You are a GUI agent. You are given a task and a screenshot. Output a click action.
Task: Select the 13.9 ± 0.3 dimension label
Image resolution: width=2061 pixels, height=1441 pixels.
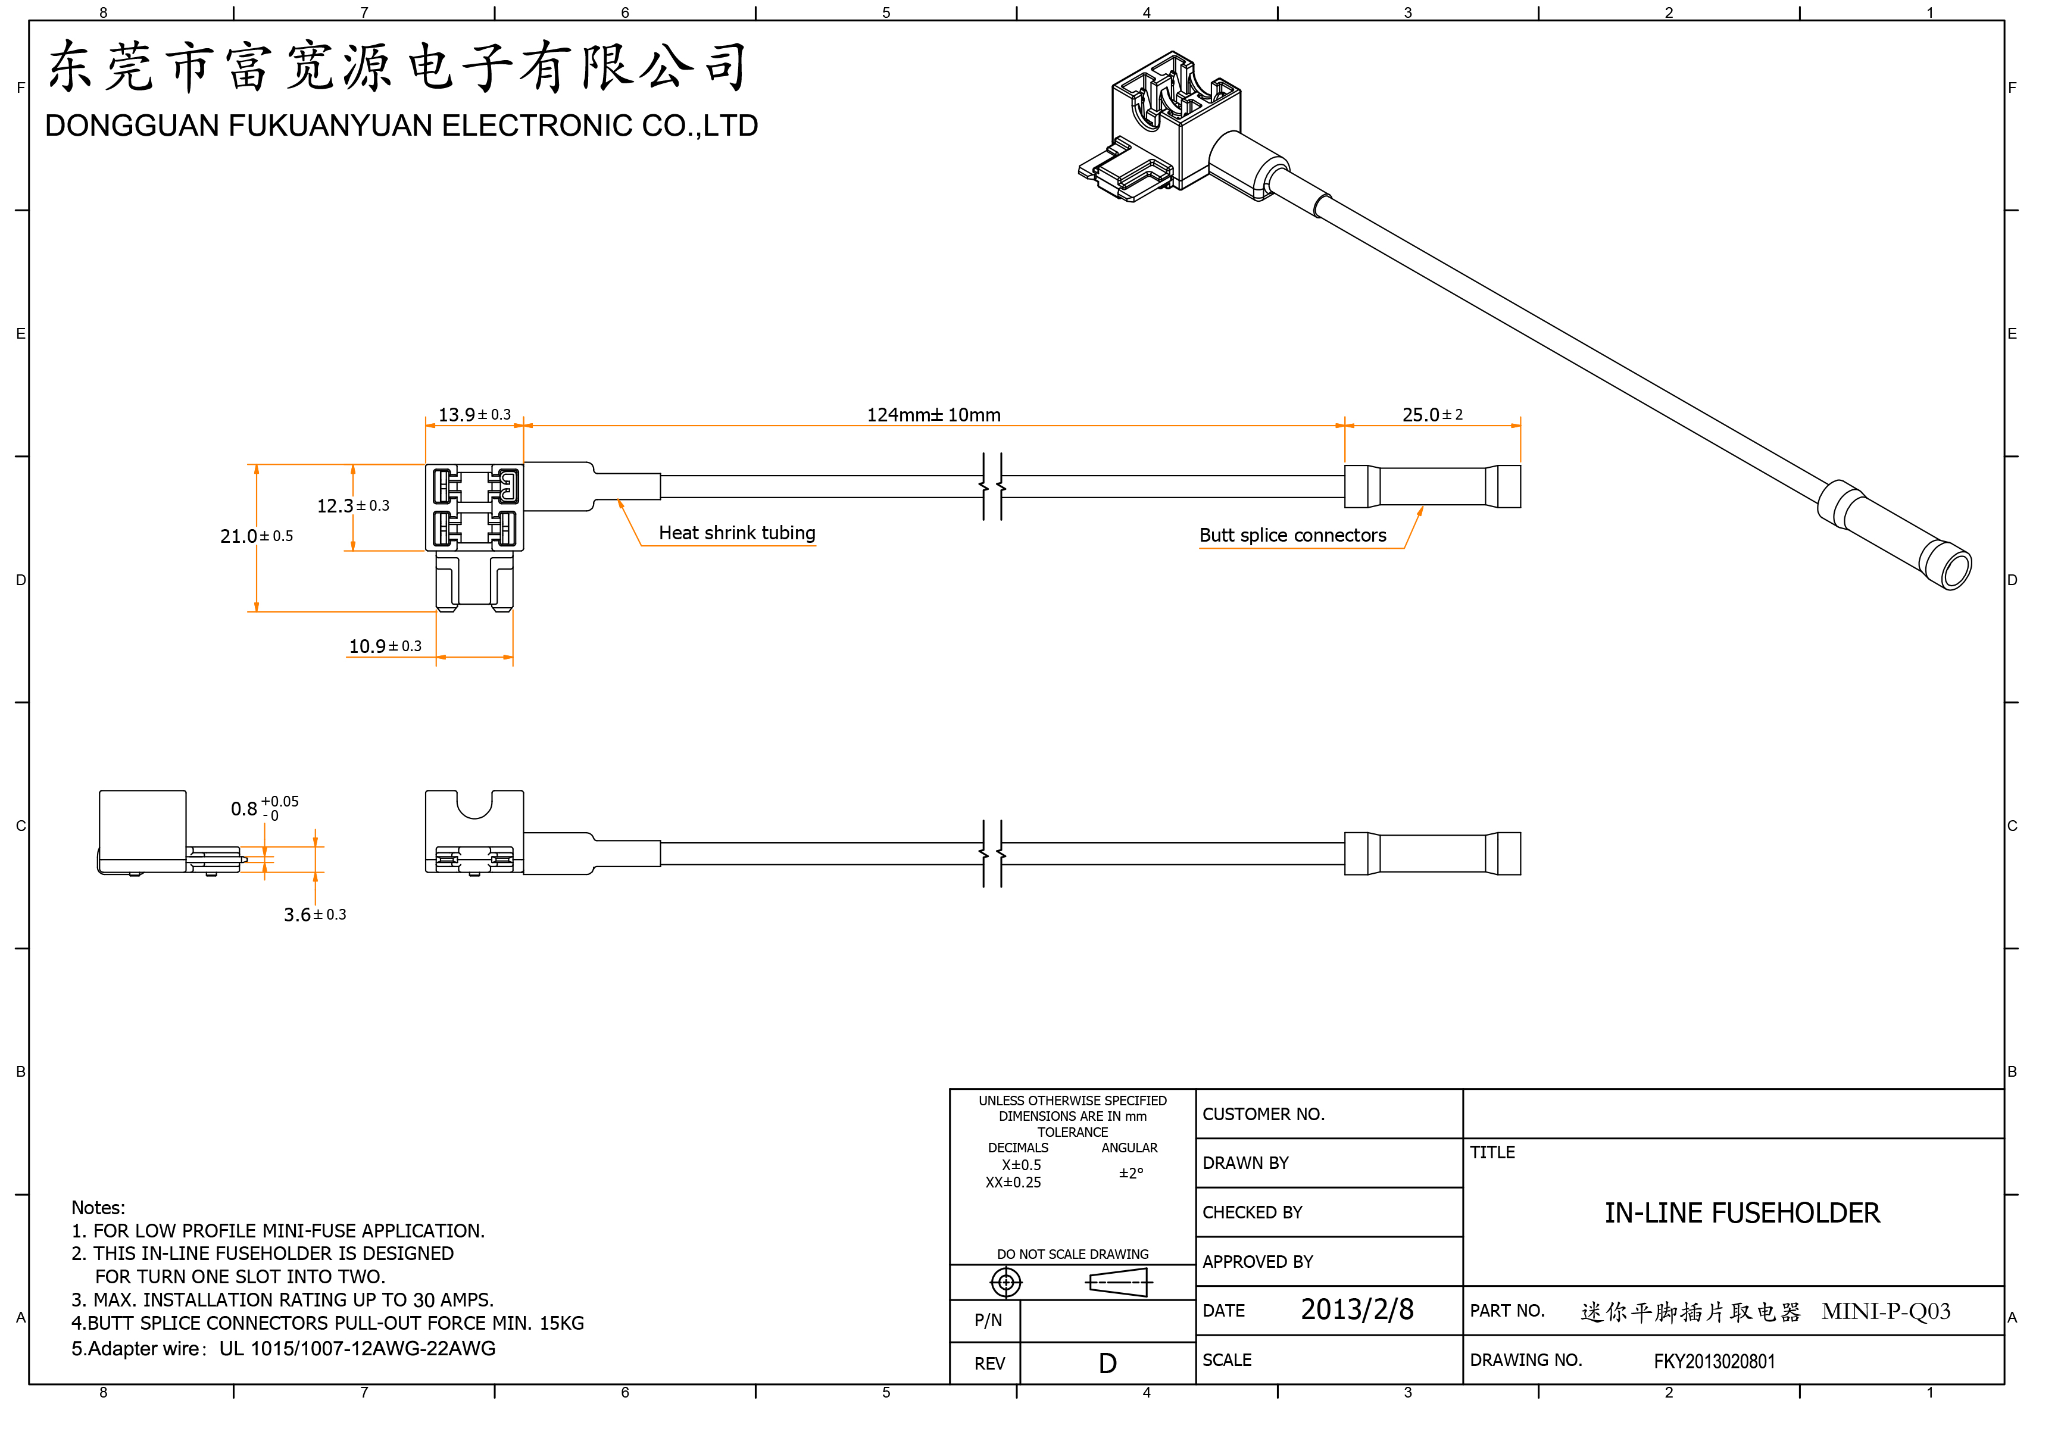click(x=474, y=414)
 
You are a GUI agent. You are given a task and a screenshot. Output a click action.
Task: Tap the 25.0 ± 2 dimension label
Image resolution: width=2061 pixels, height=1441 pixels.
click(x=1432, y=414)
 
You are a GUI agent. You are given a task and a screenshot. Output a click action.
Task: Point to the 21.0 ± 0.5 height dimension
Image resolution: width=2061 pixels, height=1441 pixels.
click(x=256, y=536)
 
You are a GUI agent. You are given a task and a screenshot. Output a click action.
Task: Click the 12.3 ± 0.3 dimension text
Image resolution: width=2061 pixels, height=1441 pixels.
click(x=353, y=506)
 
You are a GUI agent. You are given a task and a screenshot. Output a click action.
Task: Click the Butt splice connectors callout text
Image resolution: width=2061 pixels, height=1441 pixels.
click(x=1292, y=536)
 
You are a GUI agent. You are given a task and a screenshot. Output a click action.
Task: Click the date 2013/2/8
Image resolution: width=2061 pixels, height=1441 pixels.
click(x=1356, y=1310)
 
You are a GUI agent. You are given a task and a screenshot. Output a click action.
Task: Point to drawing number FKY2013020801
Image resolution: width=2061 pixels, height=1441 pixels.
click(x=1713, y=1361)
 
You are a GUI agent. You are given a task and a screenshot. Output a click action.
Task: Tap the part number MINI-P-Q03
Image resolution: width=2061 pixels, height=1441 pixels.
click(x=1885, y=1312)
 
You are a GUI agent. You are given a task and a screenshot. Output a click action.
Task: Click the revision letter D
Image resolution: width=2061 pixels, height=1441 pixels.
click(x=1108, y=1364)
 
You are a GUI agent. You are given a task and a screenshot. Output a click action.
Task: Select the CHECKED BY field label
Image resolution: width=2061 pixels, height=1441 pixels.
click(x=1251, y=1212)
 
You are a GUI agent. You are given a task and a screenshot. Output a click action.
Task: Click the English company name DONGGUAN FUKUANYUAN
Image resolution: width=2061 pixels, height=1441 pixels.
click(x=401, y=126)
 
